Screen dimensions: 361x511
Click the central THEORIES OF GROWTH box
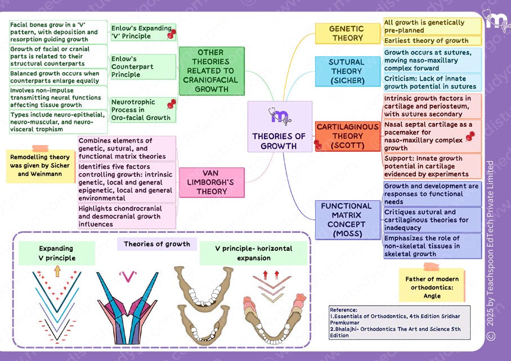(x=279, y=127)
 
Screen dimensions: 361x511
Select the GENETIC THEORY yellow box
(x=347, y=33)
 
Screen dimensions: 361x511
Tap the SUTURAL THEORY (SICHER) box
(x=347, y=71)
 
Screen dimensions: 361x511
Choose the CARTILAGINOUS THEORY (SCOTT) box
(x=347, y=136)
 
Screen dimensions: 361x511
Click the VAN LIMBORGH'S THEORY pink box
(x=212, y=182)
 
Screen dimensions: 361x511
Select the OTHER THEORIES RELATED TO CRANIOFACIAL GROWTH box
(x=212, y=70)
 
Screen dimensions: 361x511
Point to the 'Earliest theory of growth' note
(x=432, y=40)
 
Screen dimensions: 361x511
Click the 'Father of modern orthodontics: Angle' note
(x=432, y=287)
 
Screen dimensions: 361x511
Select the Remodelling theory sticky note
(x=40, y=166)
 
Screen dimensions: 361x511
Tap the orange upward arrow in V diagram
(x=57, y=272)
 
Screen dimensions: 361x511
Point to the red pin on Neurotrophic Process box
(x=172, y=103)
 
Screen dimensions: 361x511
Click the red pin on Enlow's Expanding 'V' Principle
(x=171, y=35)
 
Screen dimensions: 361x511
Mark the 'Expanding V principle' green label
(x=56, y=253)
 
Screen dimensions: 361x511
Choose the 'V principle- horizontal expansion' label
(x=253, y=253)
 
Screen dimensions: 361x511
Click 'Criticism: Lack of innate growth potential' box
(x=432, y=82)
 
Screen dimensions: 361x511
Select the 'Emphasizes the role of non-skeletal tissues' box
(x=432, y=246)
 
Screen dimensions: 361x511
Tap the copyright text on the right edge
(x=491, y=250)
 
